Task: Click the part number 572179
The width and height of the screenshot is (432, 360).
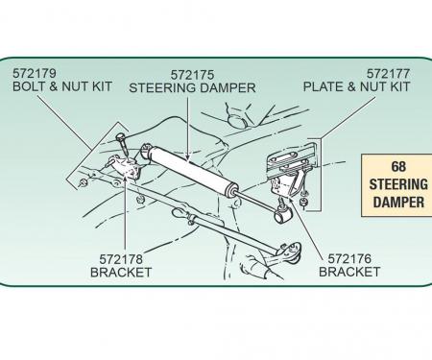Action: point(35,74)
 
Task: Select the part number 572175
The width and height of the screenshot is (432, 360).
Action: point(192,75)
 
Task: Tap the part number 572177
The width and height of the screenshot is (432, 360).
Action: point(388,74)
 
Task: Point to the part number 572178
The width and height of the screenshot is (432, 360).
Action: point(121,259)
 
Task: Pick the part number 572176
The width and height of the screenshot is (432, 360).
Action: point(349,258)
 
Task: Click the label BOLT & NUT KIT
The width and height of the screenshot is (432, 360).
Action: point(62,86)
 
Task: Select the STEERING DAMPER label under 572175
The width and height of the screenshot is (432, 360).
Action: point(192,88)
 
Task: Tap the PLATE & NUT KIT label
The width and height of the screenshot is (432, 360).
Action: point(356,86)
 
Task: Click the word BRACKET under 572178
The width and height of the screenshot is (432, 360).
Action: point(121,273)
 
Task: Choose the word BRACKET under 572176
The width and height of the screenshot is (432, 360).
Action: point(349,272)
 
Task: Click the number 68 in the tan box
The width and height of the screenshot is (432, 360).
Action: point(398,166)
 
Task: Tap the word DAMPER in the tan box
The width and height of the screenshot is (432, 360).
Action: point(398,203)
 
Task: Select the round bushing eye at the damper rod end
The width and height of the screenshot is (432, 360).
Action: point(283,215)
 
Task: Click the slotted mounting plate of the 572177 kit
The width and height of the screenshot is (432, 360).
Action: point(291,160)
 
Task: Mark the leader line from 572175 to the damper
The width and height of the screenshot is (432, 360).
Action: point(188,128)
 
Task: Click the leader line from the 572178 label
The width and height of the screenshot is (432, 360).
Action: point(126,214)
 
